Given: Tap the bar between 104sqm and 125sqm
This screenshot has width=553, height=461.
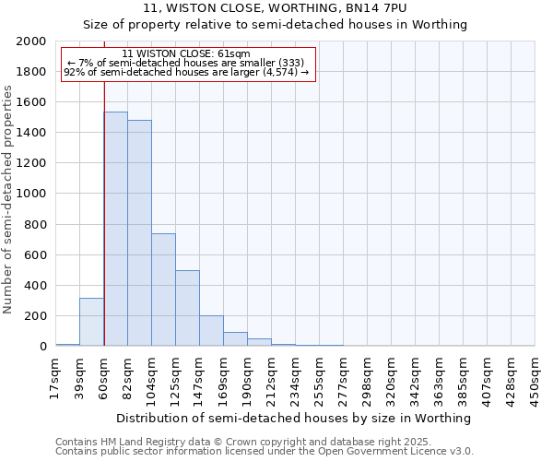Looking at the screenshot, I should point(163,290).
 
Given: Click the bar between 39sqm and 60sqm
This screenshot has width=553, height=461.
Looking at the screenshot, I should point(91,322).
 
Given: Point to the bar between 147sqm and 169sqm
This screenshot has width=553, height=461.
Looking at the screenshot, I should point(211,331).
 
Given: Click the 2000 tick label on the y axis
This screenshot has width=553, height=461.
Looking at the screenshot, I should point(31,41).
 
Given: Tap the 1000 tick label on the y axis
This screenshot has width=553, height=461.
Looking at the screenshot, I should point(31,195).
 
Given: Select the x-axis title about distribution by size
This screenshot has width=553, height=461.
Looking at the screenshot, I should point(294,418).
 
